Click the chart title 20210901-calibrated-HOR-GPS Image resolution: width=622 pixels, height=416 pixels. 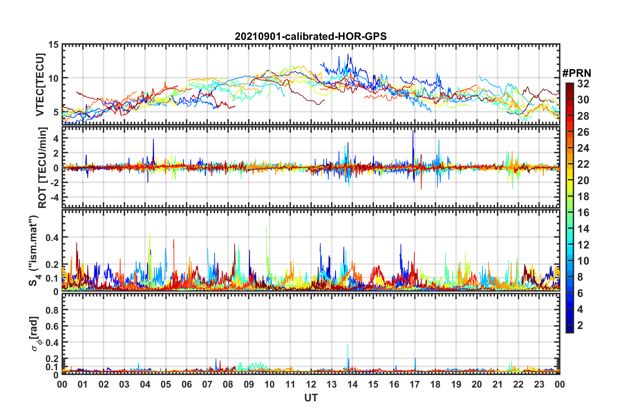[x=311, y=36]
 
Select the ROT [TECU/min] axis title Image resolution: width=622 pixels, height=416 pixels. [x=43, y=167]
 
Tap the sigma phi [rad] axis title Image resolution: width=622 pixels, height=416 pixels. [x=35, y=334]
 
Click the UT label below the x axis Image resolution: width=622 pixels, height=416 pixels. [x=311, y=398]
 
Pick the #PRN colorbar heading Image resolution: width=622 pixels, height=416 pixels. [x=577, y=73]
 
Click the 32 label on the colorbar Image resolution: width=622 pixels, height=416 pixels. [x=583, y=84]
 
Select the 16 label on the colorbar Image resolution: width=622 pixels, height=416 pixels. [x=583, y=213]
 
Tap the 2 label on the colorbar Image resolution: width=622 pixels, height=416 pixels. [x=580, y=325]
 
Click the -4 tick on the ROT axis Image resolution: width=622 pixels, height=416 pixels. [x=54, y=198]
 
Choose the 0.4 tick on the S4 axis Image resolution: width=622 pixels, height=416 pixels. [x=52, y=237]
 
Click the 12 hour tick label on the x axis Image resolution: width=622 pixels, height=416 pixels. [x=311, y=384]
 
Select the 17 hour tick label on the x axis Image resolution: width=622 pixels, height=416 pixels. [x=414, y=384]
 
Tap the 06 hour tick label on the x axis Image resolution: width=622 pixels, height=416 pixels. [x=186, y=384]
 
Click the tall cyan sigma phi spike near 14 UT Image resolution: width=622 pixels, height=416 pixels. [x=348, y=345]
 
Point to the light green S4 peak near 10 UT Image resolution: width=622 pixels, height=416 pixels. [x=267, y=226]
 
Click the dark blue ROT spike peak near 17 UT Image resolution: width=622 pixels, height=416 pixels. [x=413, y=131]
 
